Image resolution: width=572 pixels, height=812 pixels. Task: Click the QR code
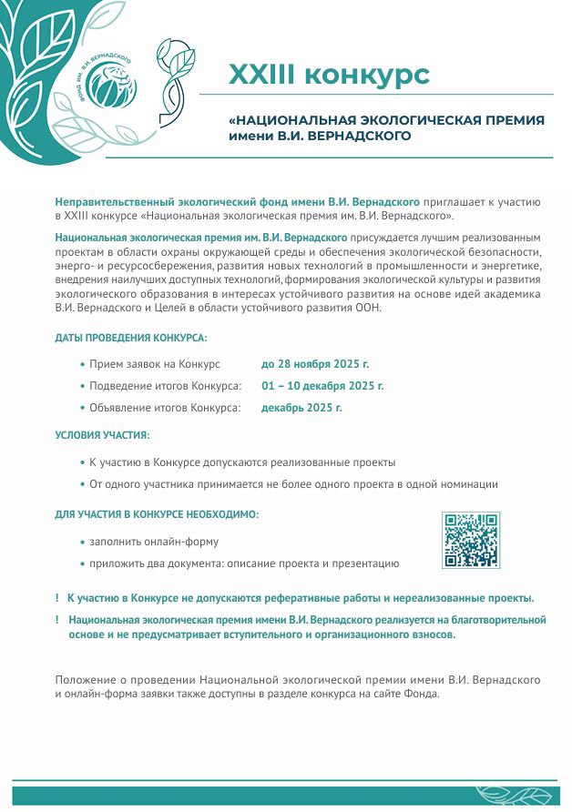pyautogui.click(x=471, y=541)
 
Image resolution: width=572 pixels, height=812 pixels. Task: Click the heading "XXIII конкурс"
pyautogui.click(x=328, y=75)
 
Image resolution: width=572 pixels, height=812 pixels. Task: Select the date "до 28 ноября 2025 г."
pyautogui.click(x=315, y=364)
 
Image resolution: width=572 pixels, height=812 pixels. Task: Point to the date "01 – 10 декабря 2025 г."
pyautogui.click(x=322, y=386)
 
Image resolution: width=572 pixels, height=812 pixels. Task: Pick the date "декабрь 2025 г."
pyautogui.click(x=301, y=408)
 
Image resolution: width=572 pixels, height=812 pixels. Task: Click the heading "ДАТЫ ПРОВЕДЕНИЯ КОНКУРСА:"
pyautogui.click(x=131, y=338)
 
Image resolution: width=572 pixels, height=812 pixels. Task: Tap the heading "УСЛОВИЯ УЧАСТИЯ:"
pyautogui.click(x=102, y=436)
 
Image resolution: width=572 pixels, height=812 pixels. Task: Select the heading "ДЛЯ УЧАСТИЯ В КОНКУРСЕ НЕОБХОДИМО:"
pyautogui.click(x=157, y=514)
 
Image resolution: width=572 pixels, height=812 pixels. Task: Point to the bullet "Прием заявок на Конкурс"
pyautogui.click(x=154, y=364)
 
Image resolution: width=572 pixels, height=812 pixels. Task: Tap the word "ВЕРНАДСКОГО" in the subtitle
pyautogui.click(x=361, y=137)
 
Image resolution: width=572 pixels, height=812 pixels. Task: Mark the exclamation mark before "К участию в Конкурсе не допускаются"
pyautogui.click(x=57, y=598)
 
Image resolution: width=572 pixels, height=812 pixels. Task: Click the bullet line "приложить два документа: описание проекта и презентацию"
pyautogui.click(x=243, y=563)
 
